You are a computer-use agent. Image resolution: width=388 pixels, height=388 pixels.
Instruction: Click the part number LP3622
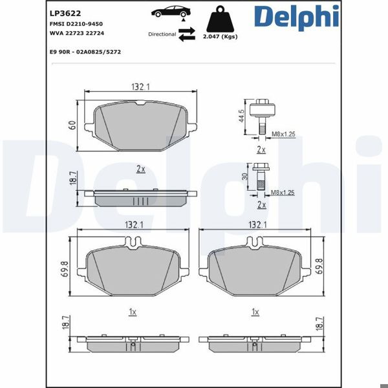point(64,12)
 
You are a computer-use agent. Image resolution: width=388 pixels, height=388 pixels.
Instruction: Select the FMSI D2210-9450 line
point(76,23)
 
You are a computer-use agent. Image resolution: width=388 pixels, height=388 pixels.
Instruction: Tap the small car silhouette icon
point(169,12)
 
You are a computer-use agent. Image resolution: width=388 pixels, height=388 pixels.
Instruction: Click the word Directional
point(162,34)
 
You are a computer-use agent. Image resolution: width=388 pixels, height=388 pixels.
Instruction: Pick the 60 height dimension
point(73,126)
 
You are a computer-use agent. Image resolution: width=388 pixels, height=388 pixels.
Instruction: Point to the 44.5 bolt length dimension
point(241,116)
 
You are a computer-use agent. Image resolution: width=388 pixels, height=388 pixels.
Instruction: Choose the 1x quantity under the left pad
point(132,312)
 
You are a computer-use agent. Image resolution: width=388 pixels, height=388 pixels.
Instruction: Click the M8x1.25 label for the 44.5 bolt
point(283,134)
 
